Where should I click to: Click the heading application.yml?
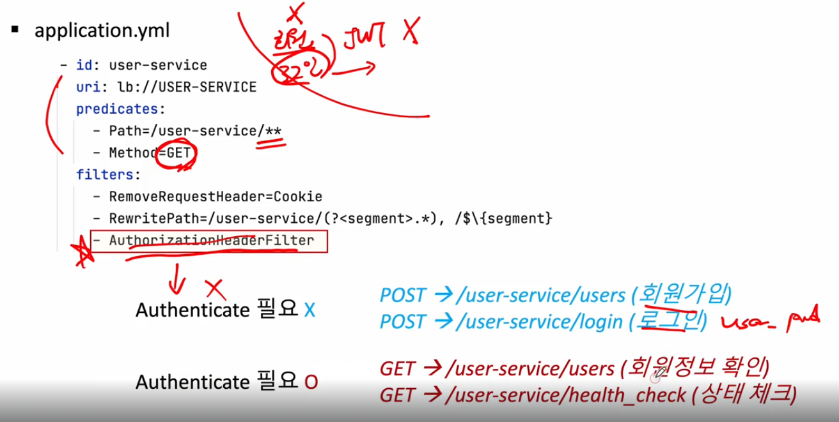(x=102, y=30)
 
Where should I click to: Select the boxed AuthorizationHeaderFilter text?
(x=211, y=241)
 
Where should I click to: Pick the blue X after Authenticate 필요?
(x=310, y=310)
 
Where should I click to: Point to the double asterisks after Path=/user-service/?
(x=273, y=131)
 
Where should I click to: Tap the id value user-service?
(x=158, y=65)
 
